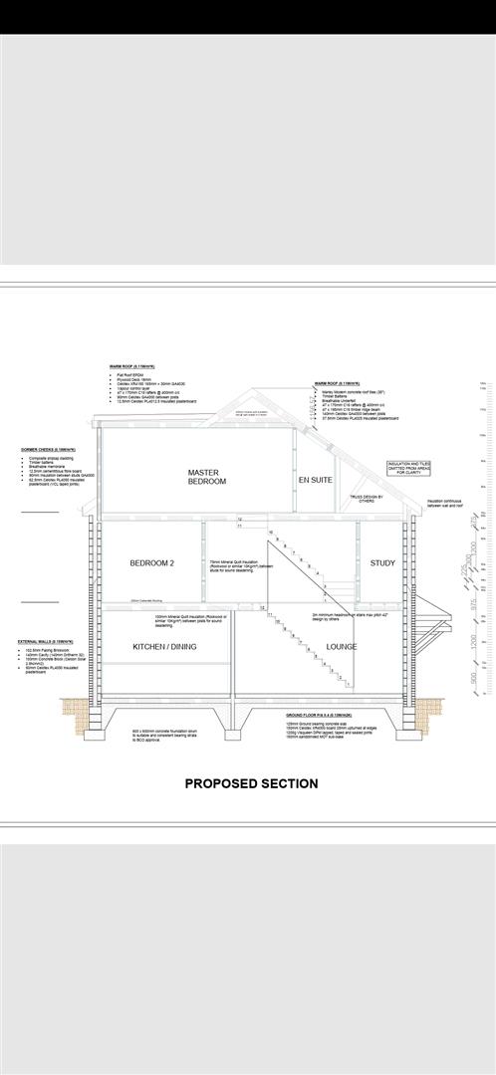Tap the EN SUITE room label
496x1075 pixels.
coord(315,480)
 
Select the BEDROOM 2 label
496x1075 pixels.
coord(151,563)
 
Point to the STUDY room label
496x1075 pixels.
coord(382,563)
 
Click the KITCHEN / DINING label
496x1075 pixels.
coord(164,647)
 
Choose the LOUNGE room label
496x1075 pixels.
coord(342,647)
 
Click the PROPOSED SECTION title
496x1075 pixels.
coord(251,783)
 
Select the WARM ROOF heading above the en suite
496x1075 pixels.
coord(336,383)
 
